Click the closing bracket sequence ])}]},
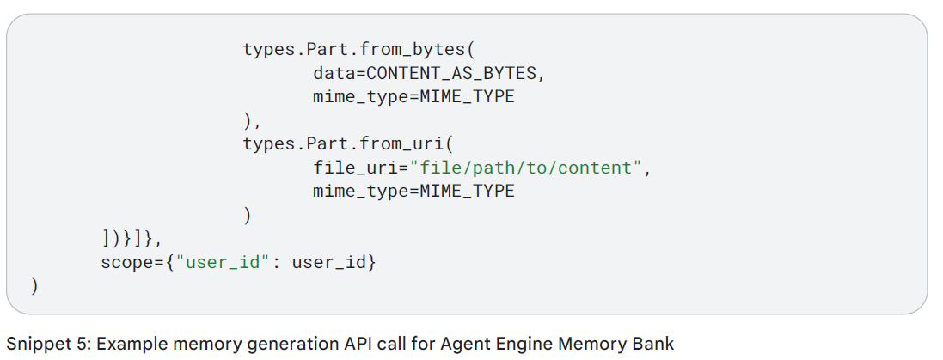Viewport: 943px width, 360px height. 132,238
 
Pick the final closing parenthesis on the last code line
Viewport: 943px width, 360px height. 34,285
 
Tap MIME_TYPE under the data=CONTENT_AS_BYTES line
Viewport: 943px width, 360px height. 467,97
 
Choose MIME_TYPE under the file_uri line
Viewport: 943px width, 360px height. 467,191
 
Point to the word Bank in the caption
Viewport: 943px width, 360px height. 655,344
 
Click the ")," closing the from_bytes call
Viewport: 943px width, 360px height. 252,120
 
